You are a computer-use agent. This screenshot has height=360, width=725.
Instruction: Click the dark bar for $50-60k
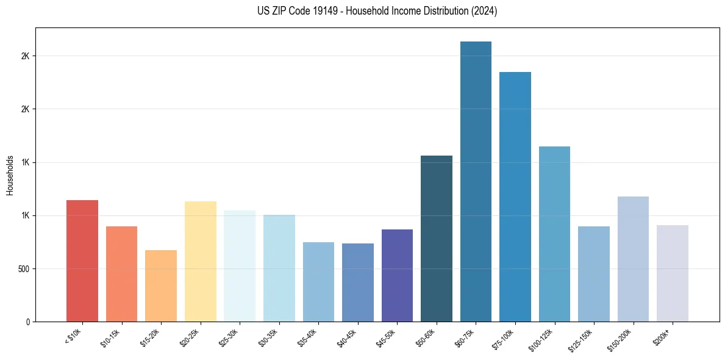coord(437,239)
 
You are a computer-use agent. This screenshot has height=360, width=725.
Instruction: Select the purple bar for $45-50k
coord(397,275)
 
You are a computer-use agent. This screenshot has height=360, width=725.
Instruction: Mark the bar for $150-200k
coord(633,259)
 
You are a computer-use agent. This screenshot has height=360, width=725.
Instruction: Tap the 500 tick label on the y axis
coord(24,268)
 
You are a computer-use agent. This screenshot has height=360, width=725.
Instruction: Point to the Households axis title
coord(10,175)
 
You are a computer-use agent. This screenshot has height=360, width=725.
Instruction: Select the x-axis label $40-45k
coord(346,337)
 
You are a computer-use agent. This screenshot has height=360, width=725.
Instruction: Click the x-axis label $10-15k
coord(110,337)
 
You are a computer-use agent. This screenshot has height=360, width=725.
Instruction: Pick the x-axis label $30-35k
coord(268,337)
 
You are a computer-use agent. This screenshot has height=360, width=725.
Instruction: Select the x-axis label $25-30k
coord(228,337)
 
